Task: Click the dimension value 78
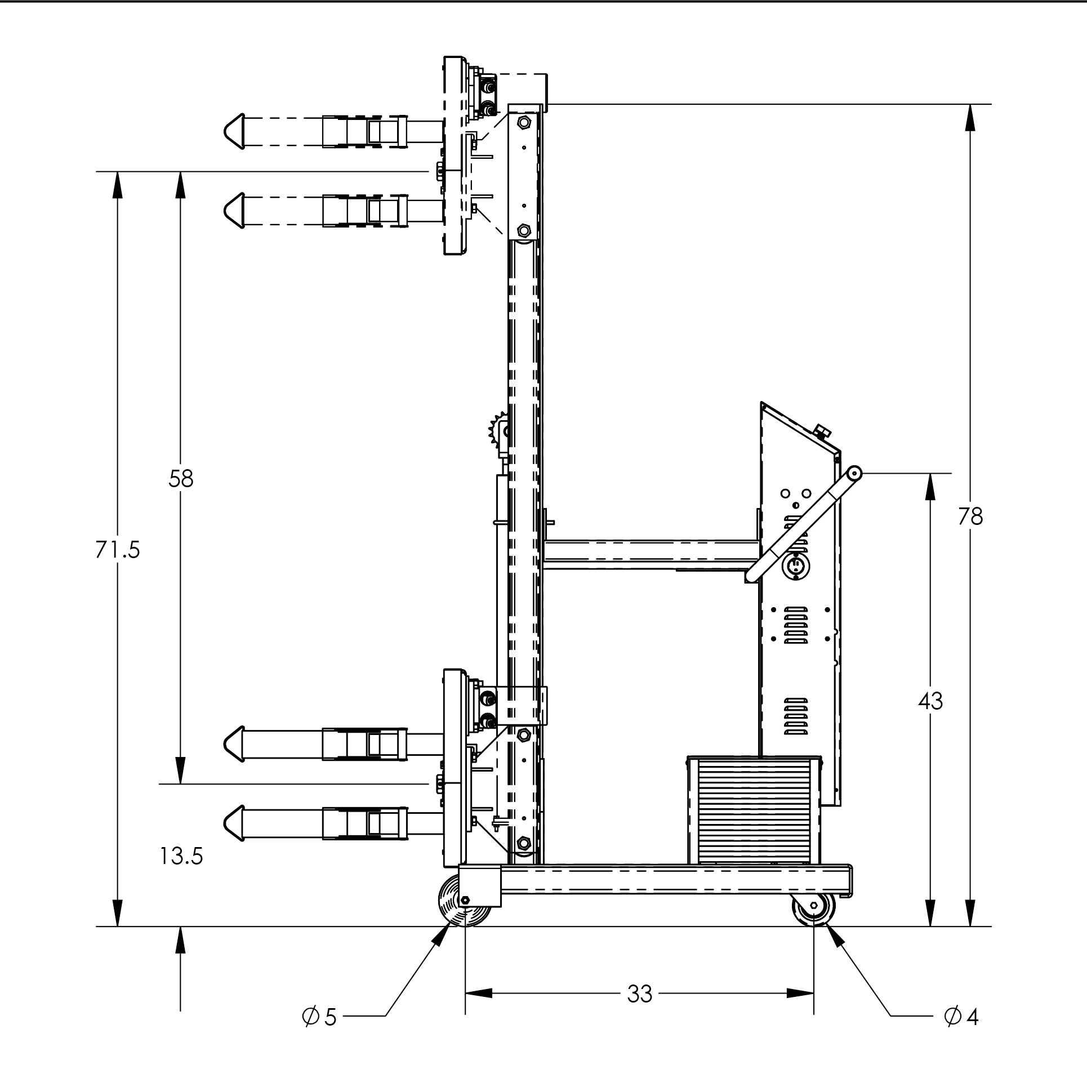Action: (970, 516)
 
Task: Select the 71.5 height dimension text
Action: (117, 550)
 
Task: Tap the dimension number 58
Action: (180, 479)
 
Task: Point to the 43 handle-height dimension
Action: (930, 701)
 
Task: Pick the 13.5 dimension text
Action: (180, 857)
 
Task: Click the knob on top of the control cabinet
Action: (823, 433)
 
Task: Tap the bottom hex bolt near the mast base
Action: (523, 843)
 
